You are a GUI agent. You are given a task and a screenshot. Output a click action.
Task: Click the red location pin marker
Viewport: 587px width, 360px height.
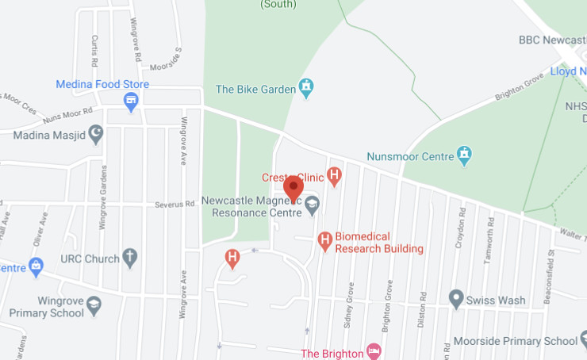coord(293,188)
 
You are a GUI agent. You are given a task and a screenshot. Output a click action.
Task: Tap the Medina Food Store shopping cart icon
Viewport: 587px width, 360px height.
coord(132,101)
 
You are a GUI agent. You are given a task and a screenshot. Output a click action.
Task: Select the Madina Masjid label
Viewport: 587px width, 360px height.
coord(48,135)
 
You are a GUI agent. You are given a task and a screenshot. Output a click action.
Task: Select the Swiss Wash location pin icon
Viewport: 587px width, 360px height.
coord(455,299)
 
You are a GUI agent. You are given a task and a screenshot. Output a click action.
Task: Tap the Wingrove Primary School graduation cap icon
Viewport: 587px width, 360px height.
coord(94,303)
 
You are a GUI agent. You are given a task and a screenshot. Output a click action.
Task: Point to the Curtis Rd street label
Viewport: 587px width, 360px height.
coord(94,50)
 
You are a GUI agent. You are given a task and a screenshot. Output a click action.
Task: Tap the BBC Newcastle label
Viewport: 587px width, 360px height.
coord(551,39)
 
